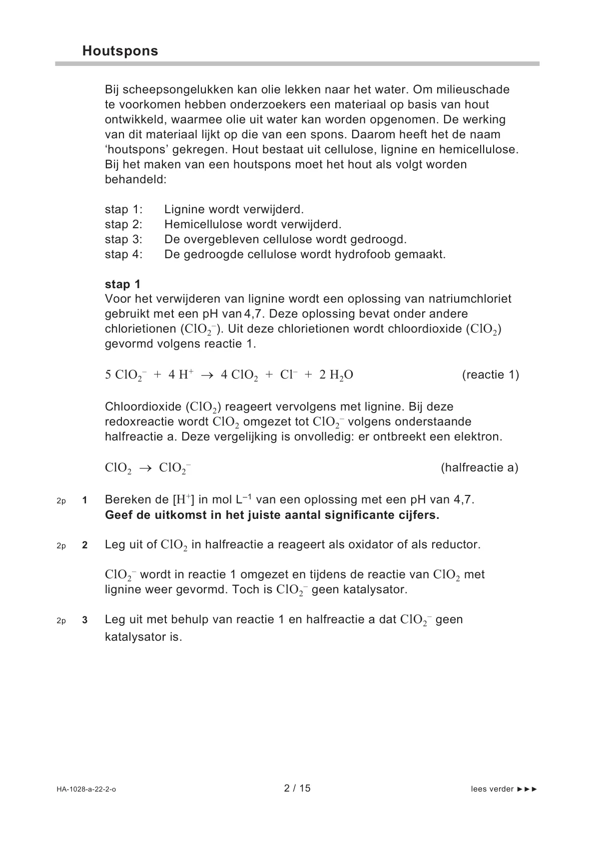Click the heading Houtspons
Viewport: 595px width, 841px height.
[120, 51]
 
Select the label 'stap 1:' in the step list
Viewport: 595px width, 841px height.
[123, 209]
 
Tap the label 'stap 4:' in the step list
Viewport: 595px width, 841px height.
[123, 254]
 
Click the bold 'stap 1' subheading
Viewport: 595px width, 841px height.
[123, 284]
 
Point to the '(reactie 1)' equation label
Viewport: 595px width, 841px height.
[491, 375]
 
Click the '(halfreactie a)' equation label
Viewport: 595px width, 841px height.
[480, 467]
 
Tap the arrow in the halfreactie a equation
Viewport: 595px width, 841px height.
[145, 468]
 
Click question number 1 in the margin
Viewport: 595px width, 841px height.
[85, 500]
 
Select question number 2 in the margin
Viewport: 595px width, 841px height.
[85, 545]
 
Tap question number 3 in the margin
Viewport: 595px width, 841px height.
[85, 620]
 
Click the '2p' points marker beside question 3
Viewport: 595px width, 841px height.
[61, 620]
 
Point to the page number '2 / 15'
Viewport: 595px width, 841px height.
[297, 788]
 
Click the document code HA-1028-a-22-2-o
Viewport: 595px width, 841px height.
[86, 789]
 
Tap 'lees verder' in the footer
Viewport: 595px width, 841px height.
[492, 789]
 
